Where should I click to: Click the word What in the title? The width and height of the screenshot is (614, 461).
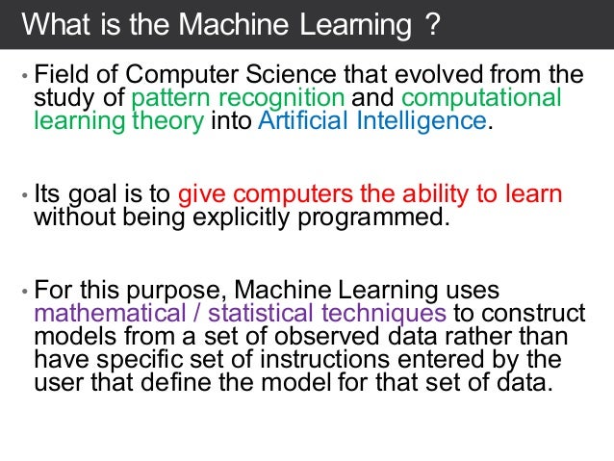[54, 25]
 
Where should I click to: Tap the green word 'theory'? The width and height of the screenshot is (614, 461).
[171, 122]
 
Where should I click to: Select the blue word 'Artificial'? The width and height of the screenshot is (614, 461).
[304, 122]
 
